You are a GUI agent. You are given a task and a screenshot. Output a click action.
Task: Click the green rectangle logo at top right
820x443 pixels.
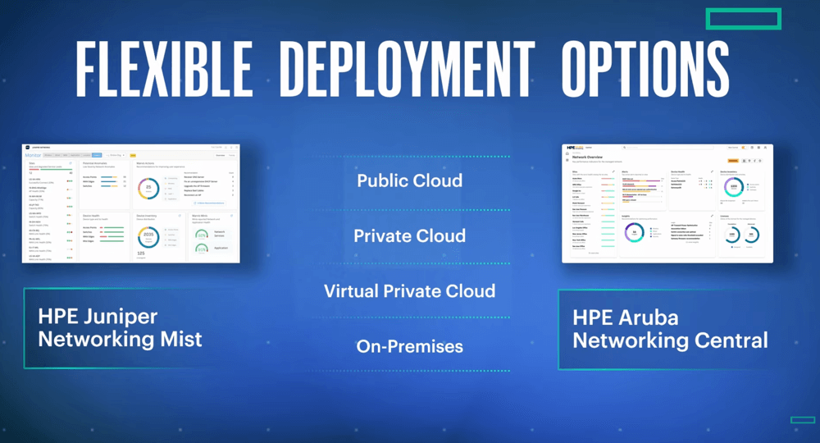point(743,19)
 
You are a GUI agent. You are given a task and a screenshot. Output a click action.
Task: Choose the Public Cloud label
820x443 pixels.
point(409,180)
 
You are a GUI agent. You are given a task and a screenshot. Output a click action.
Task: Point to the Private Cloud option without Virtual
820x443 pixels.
point(409,236)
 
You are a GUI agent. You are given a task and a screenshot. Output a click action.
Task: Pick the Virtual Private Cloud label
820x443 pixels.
point(409,291)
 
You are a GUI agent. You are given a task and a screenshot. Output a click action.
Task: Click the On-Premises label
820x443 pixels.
point(409,346)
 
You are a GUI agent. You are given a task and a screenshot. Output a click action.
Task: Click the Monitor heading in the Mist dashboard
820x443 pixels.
point(32,154)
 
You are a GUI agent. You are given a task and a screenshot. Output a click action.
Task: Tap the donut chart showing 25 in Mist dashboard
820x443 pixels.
point(148,189)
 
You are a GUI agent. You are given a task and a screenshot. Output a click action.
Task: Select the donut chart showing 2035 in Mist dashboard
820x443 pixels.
point(148,235)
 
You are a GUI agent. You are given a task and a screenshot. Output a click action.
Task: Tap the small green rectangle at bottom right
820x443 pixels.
point(803,420)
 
